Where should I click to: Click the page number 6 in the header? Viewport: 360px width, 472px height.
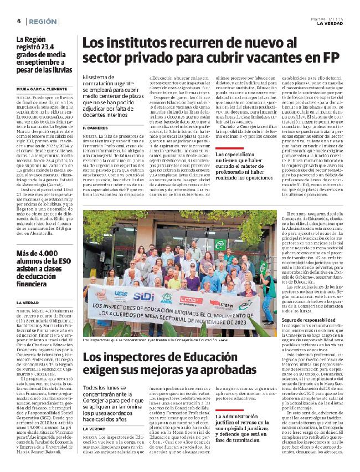[18, 21]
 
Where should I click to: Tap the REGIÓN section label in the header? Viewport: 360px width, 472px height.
[40, 21]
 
